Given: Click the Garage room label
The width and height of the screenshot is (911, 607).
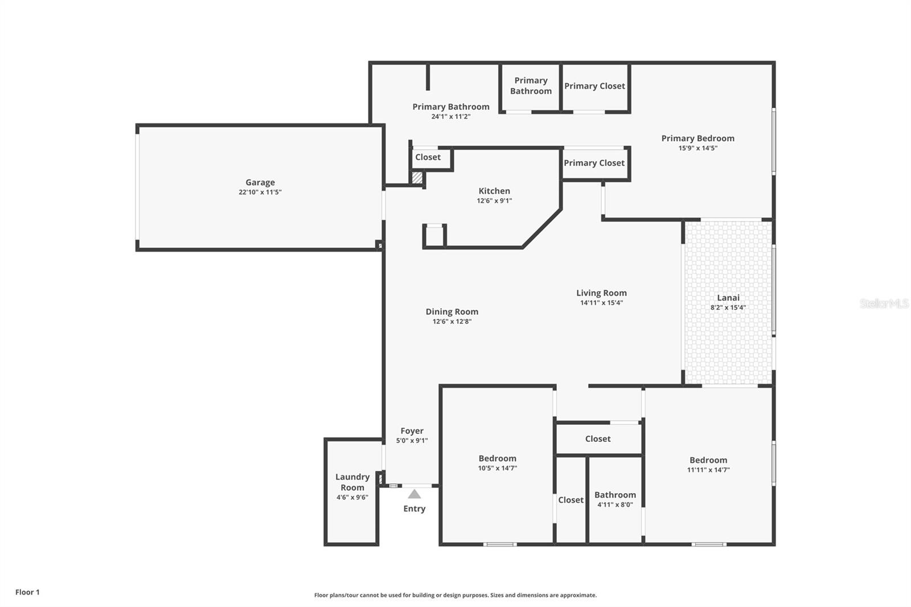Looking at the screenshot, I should [260, 182].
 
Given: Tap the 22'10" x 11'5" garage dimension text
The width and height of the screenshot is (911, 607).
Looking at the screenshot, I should [260, 192].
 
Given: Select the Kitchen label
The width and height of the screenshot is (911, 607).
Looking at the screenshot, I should [494, 191].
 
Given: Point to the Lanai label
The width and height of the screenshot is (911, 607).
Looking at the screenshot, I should [728, 297].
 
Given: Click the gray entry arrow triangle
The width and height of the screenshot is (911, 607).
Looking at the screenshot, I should [415, 494].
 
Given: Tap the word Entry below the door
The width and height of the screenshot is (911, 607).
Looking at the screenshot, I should [415, 508].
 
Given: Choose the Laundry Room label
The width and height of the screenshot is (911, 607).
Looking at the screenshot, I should [352, 482].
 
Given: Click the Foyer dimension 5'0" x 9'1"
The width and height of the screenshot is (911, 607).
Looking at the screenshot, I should [412, 441].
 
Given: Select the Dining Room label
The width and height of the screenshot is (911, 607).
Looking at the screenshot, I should [452, 311].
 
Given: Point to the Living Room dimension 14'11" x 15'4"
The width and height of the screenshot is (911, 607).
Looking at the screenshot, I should [601, 303].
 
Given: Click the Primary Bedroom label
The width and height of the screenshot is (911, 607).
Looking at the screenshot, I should [697, 138].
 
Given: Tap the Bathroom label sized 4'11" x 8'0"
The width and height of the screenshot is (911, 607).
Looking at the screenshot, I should [615, 495].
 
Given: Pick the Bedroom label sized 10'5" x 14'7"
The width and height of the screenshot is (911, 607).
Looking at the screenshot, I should [498, 458].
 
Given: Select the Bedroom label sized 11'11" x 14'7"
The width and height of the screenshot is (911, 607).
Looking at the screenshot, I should [708, 460].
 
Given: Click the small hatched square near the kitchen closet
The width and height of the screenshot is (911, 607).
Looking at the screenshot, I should [417, 178].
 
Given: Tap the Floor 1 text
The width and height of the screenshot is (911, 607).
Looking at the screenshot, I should [27, 592].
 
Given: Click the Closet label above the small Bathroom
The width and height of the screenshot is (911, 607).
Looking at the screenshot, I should [598, 438].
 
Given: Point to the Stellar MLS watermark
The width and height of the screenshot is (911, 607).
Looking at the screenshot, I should [884, 303].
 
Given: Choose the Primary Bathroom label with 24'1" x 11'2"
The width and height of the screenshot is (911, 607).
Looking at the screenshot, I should [451, 106].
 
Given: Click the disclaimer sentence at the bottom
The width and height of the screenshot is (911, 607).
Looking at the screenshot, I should [455, 595].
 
